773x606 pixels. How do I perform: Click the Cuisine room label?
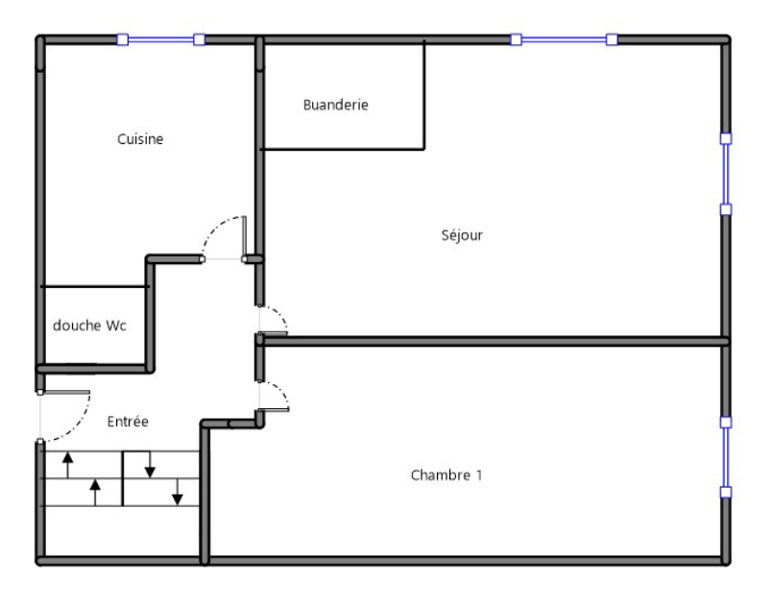click(x=140, y=139)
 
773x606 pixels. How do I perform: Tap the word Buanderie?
click(x=335, y=105)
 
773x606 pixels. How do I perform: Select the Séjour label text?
click(x=462, y=235)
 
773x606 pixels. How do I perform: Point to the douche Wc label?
click(x=89, y=326)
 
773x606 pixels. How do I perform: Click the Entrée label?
click(x=128, y=422)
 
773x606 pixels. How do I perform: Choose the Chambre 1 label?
click(x=447, y=474)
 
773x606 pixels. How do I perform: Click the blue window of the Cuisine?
click(x=160, y=39)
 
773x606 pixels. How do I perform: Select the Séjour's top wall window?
click(x=564, y=39)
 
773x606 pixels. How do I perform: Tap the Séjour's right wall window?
click(x=726, y=174)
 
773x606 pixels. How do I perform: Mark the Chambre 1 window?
click(x=726, y=457)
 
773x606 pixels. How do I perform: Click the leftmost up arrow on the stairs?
click(x=68, y=465)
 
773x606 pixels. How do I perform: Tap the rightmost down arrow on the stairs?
click(x=178, y=492)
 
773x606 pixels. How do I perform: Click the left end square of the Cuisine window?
click(x=122, y=39)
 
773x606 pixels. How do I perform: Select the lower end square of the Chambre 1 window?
click(x=726, y=492)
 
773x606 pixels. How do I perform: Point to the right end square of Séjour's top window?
click(x=612, y=39)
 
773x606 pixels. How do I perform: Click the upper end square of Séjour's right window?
click(x=726, y=138)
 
